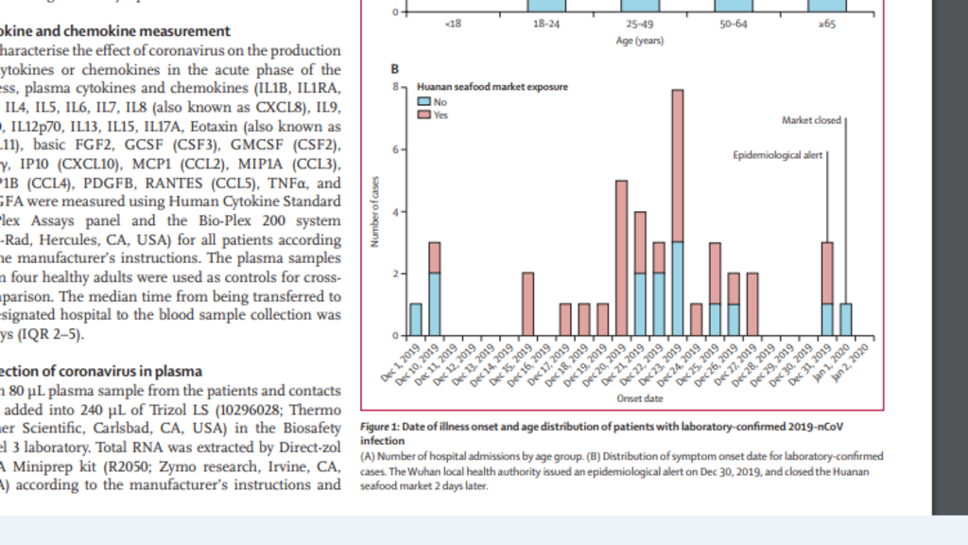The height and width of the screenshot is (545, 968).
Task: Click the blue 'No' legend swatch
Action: tap(425, 100)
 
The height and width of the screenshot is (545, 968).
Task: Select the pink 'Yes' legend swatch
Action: tap(425, 114)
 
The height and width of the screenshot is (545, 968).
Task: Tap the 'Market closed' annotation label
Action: tap(811, 120)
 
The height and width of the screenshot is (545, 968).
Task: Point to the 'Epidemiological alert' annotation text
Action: tap(778, 154)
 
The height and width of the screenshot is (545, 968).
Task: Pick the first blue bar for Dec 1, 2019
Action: tap(415, 320)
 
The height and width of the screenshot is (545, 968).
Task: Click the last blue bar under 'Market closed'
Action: tap(845, 320)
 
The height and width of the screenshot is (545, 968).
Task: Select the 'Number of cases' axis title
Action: tap(376, 211)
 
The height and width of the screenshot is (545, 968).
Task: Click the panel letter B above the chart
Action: tap(394, 69)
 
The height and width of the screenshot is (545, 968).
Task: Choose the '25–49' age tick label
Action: tap(639, 24)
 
